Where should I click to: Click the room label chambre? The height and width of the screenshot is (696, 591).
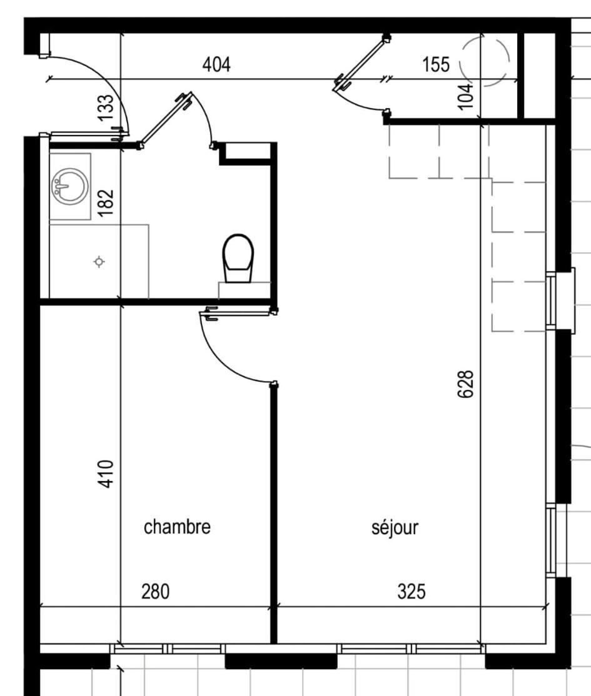click(x=177, y=527)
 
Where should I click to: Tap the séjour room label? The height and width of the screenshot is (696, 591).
click(x=395, y=527)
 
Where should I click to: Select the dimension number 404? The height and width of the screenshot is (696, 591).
click(x=216, y=64)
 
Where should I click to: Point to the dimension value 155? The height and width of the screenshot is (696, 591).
click(x=436, y=64)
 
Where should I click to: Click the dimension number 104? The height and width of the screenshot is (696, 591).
click(x=466, y=96)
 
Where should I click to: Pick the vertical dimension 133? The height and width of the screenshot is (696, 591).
click(x=106, y=107)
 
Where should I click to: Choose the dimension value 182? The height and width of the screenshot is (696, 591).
click(x=106, y=203)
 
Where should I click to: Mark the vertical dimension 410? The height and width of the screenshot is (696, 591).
click(x=106, y=474)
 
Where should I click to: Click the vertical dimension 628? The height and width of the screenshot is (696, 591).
click(x=466, y=384)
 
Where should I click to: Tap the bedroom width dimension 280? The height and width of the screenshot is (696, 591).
click(x=156, y=591)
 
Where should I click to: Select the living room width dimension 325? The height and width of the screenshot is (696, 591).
click(x=412, y=591)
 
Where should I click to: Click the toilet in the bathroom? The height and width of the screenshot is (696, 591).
click(x=238, y=258)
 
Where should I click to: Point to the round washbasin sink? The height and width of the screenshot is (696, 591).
click(x=69, y=186)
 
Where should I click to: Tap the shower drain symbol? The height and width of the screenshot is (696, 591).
click(x=99, y=262)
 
